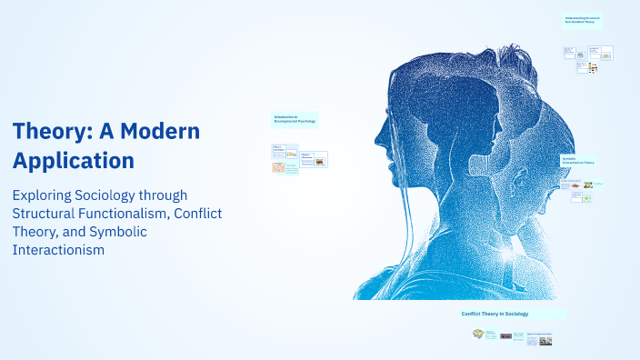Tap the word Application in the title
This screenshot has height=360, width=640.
pos(74,161)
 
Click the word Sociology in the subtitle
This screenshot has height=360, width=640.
pos(120,195)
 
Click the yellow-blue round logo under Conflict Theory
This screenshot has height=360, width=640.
pos(478,334)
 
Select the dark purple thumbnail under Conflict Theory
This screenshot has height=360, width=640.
pos(505,335)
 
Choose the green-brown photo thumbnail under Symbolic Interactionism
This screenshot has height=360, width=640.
pos(588,185)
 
